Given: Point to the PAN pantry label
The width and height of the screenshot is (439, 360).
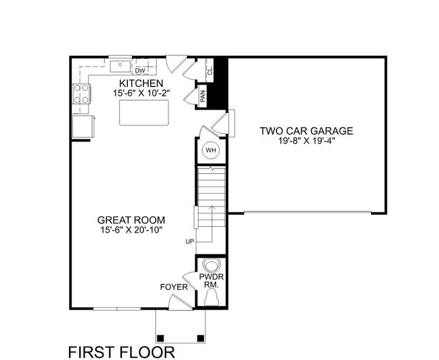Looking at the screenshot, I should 203,97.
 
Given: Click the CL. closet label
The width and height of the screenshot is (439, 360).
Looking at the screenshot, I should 210,70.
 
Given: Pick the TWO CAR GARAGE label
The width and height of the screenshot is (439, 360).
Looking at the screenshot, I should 306,131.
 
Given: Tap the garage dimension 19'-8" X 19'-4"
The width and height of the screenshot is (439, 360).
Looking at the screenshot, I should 306,142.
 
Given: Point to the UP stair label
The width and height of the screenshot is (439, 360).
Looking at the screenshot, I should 189,241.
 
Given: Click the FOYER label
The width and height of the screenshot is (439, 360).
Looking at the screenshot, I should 174,287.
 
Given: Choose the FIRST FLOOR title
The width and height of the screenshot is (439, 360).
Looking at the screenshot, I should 121,350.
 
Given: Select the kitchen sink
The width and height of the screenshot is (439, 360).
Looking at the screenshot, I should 121,63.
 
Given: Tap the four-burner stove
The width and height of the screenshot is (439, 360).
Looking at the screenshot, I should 83,94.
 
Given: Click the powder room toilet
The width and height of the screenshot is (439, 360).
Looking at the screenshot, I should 211,265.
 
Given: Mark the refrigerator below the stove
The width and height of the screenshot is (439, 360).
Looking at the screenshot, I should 82,126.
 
